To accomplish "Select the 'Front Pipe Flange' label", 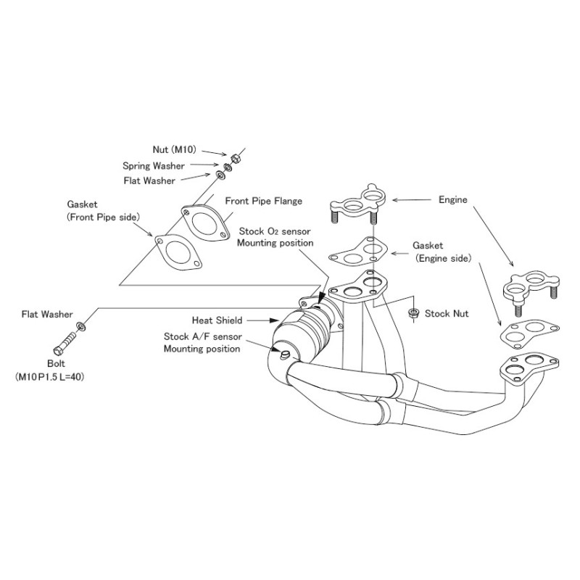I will (264, 201).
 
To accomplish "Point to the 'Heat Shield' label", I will (217, 320).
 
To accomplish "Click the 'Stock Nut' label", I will (447, 314).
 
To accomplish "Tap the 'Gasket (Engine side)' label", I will (442, 252).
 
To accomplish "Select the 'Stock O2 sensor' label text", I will (275, 231).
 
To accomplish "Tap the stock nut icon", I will (413, 313).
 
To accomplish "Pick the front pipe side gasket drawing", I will (177, 252).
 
